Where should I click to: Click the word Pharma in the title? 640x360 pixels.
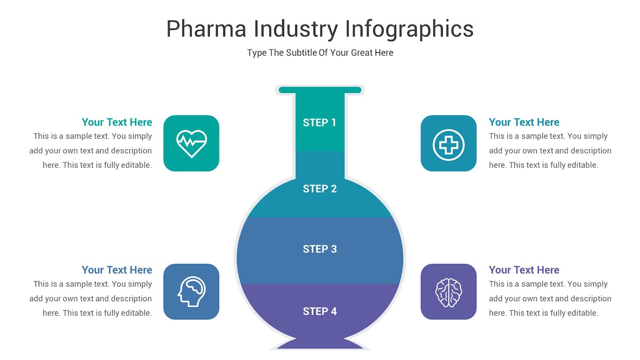206,29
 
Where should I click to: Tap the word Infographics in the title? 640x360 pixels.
409,29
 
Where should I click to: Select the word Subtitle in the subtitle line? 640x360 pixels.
301,53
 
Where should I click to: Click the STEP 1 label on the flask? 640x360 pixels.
320,122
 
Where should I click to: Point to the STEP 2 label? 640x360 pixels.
320,189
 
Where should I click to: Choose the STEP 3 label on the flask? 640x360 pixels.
320,249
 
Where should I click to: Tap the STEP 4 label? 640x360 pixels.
320,311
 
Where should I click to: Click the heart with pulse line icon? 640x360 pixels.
192,143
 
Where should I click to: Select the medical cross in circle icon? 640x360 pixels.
448,144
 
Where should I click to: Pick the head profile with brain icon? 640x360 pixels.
192,292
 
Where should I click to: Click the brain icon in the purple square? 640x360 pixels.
448,292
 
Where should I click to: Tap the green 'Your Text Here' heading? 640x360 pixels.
117,122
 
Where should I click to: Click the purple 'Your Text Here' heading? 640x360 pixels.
524,270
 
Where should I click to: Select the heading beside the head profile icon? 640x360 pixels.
117,270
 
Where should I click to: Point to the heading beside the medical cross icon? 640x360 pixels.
524,122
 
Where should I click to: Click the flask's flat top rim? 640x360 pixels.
320,90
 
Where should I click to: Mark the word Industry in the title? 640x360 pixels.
295,29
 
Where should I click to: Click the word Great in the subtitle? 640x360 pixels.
362,53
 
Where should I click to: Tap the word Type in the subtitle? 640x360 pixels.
256,53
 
